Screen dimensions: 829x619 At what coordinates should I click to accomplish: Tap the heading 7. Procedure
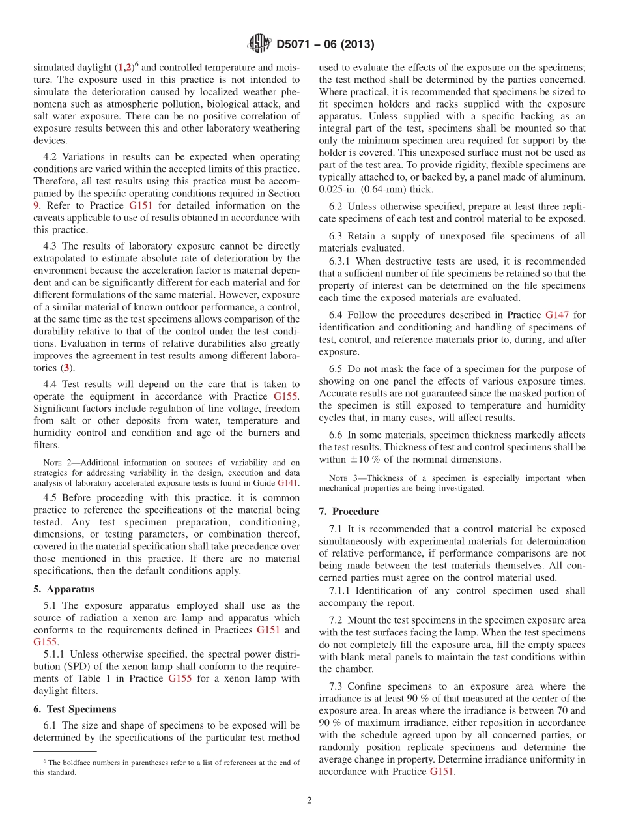(349, 512)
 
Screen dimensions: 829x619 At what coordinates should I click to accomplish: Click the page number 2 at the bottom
(309, 800)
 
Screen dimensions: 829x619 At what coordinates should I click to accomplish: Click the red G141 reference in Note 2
(287, 483)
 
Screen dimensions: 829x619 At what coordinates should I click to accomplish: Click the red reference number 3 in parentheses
(66, 368)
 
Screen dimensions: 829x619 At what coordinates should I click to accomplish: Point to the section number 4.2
(51, 157)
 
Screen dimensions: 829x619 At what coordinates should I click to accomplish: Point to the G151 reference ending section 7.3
(442, 772)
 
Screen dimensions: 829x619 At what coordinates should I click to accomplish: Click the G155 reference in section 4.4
(287, 396)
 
